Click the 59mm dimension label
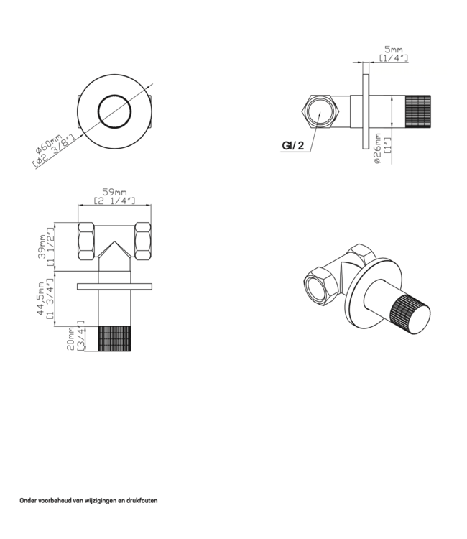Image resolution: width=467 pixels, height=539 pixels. coord(115,192)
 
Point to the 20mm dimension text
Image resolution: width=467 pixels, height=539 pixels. coord(70,337)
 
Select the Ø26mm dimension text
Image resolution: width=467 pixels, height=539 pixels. coord(378,149)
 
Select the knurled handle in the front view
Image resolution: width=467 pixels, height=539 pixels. coord(114,338)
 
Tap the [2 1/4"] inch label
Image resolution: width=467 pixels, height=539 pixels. coord(115,202)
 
